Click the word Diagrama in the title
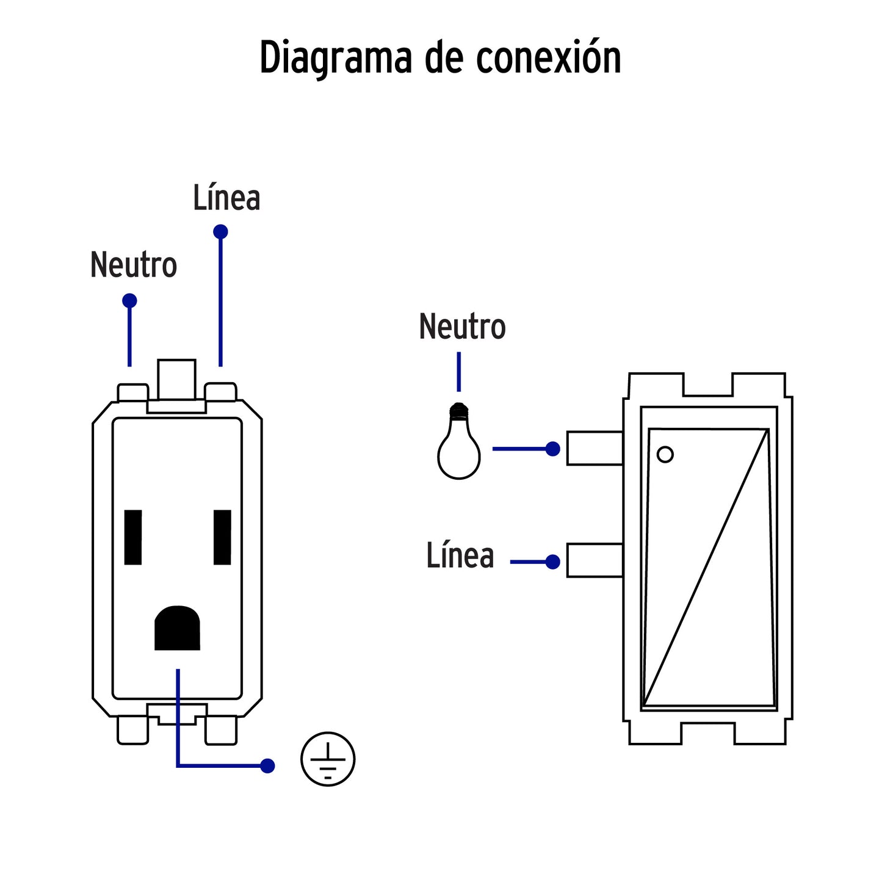click(336, 59)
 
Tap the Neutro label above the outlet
click(134, 265)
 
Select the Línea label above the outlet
click(226, 198)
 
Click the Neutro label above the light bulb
click(462, 327)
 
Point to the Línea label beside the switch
click(460, 556)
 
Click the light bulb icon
click(459, 442)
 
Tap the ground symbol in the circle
click(328, 759)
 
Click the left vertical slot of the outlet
click(133, 537)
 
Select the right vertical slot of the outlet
click(222, 537)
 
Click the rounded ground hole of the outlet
click(177, 628)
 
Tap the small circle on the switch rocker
click(665, 454)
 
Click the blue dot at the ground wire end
click(267, 765)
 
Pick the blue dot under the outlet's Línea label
click(220, 232)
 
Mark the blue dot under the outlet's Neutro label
click(129, 301)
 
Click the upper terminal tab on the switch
click(595, 449)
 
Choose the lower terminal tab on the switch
click(595, 560)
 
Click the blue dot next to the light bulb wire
click(553, 449)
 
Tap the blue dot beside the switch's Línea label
click(553, 562)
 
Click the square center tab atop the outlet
click(177, 379)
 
